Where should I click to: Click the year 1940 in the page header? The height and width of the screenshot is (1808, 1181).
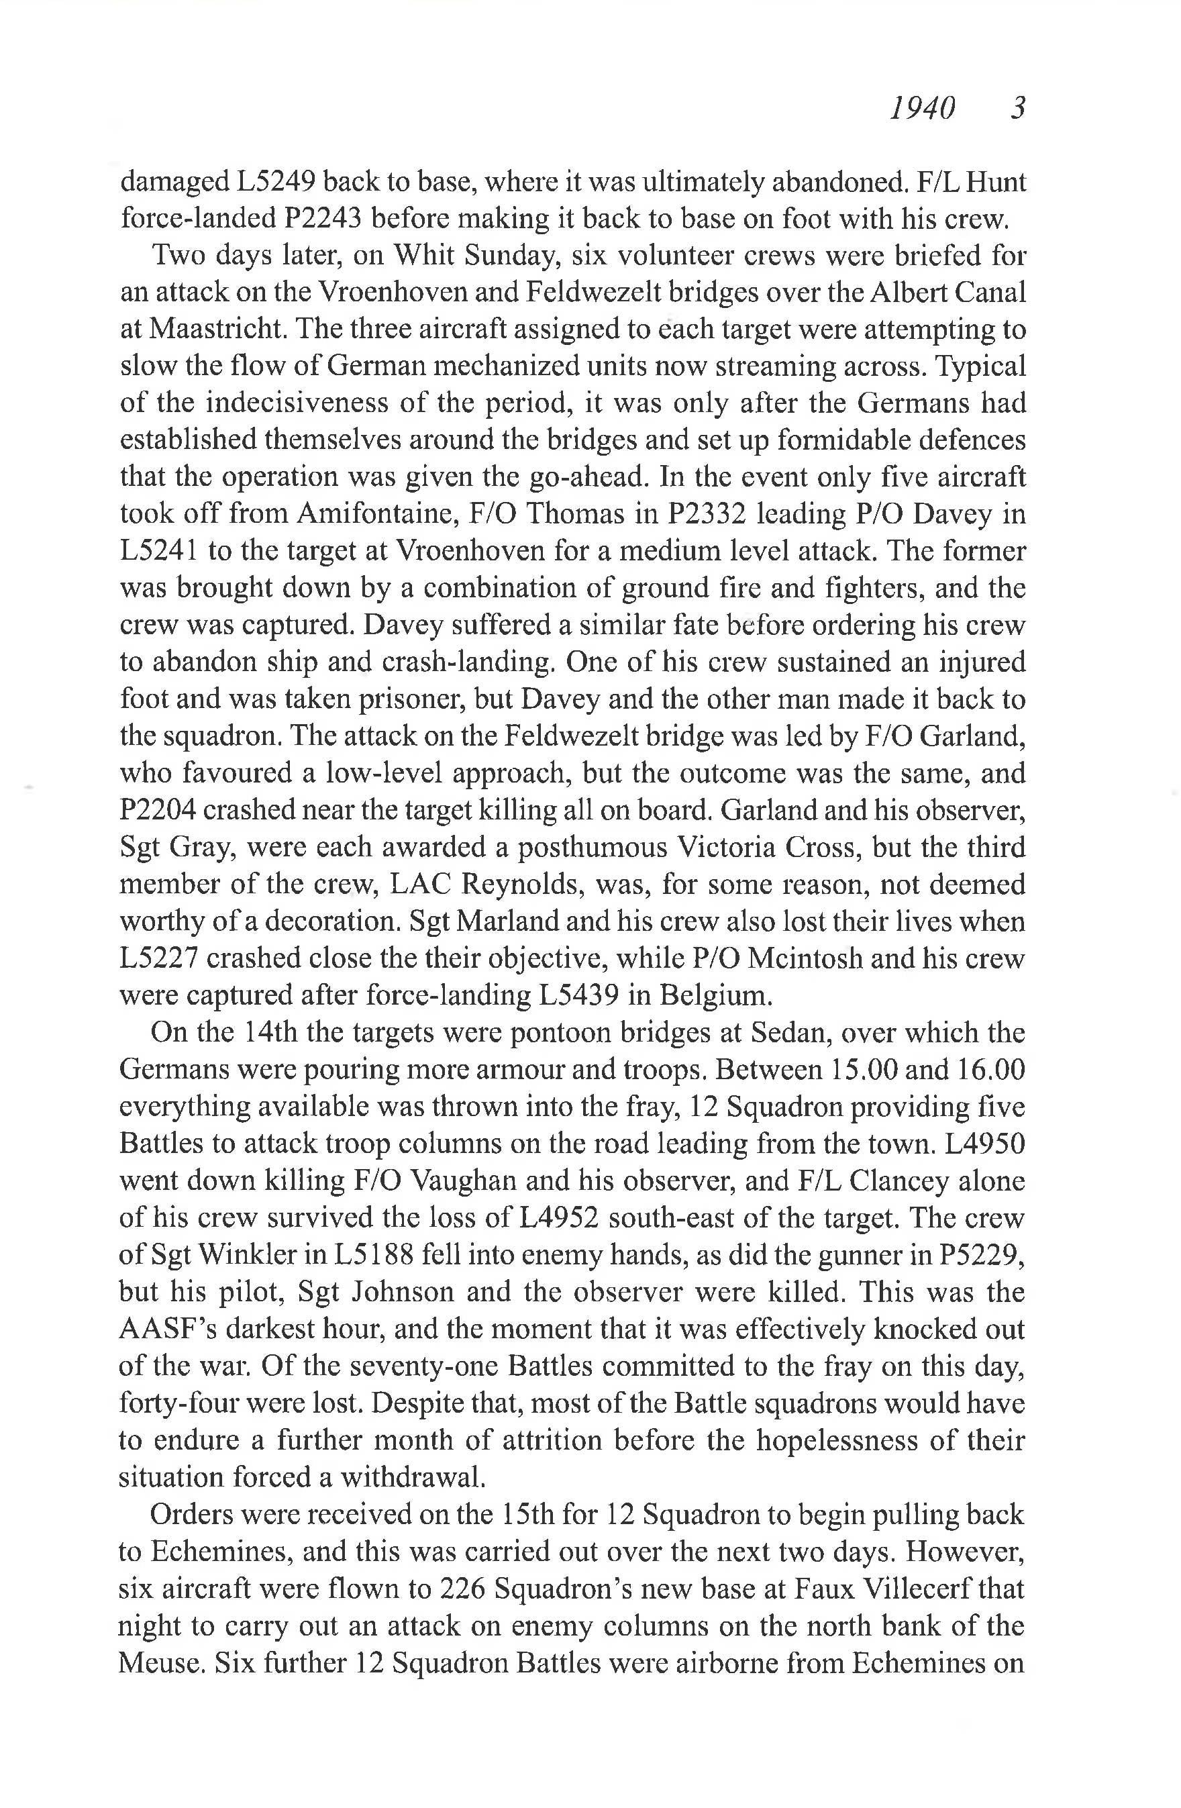921,109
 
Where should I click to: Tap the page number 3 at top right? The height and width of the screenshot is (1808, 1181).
1018,109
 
